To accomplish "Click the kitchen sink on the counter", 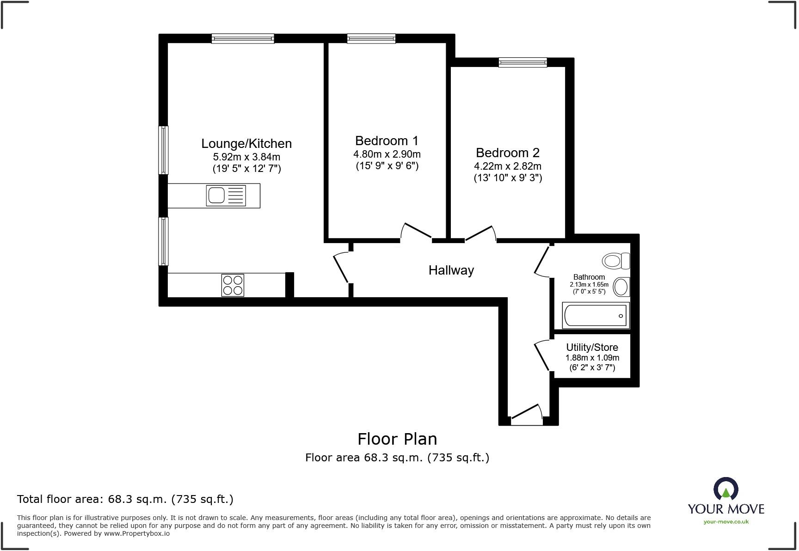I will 226,196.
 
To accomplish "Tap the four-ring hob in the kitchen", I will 233,285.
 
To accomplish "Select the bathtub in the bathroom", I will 596,315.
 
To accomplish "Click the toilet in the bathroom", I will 616,261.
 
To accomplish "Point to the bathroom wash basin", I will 621,287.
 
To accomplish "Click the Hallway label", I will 451,270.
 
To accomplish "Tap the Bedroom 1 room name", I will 387,141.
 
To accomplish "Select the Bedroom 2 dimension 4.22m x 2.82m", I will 507,166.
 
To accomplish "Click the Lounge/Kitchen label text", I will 246,143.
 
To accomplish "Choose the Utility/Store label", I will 592,347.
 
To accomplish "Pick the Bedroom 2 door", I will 481,233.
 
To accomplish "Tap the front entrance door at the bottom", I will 527,414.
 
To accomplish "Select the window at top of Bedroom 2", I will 522,62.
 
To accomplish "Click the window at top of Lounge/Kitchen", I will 243,39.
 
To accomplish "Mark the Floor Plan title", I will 397,439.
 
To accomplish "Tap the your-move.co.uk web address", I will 726,522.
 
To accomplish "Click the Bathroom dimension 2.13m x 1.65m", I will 589,285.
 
